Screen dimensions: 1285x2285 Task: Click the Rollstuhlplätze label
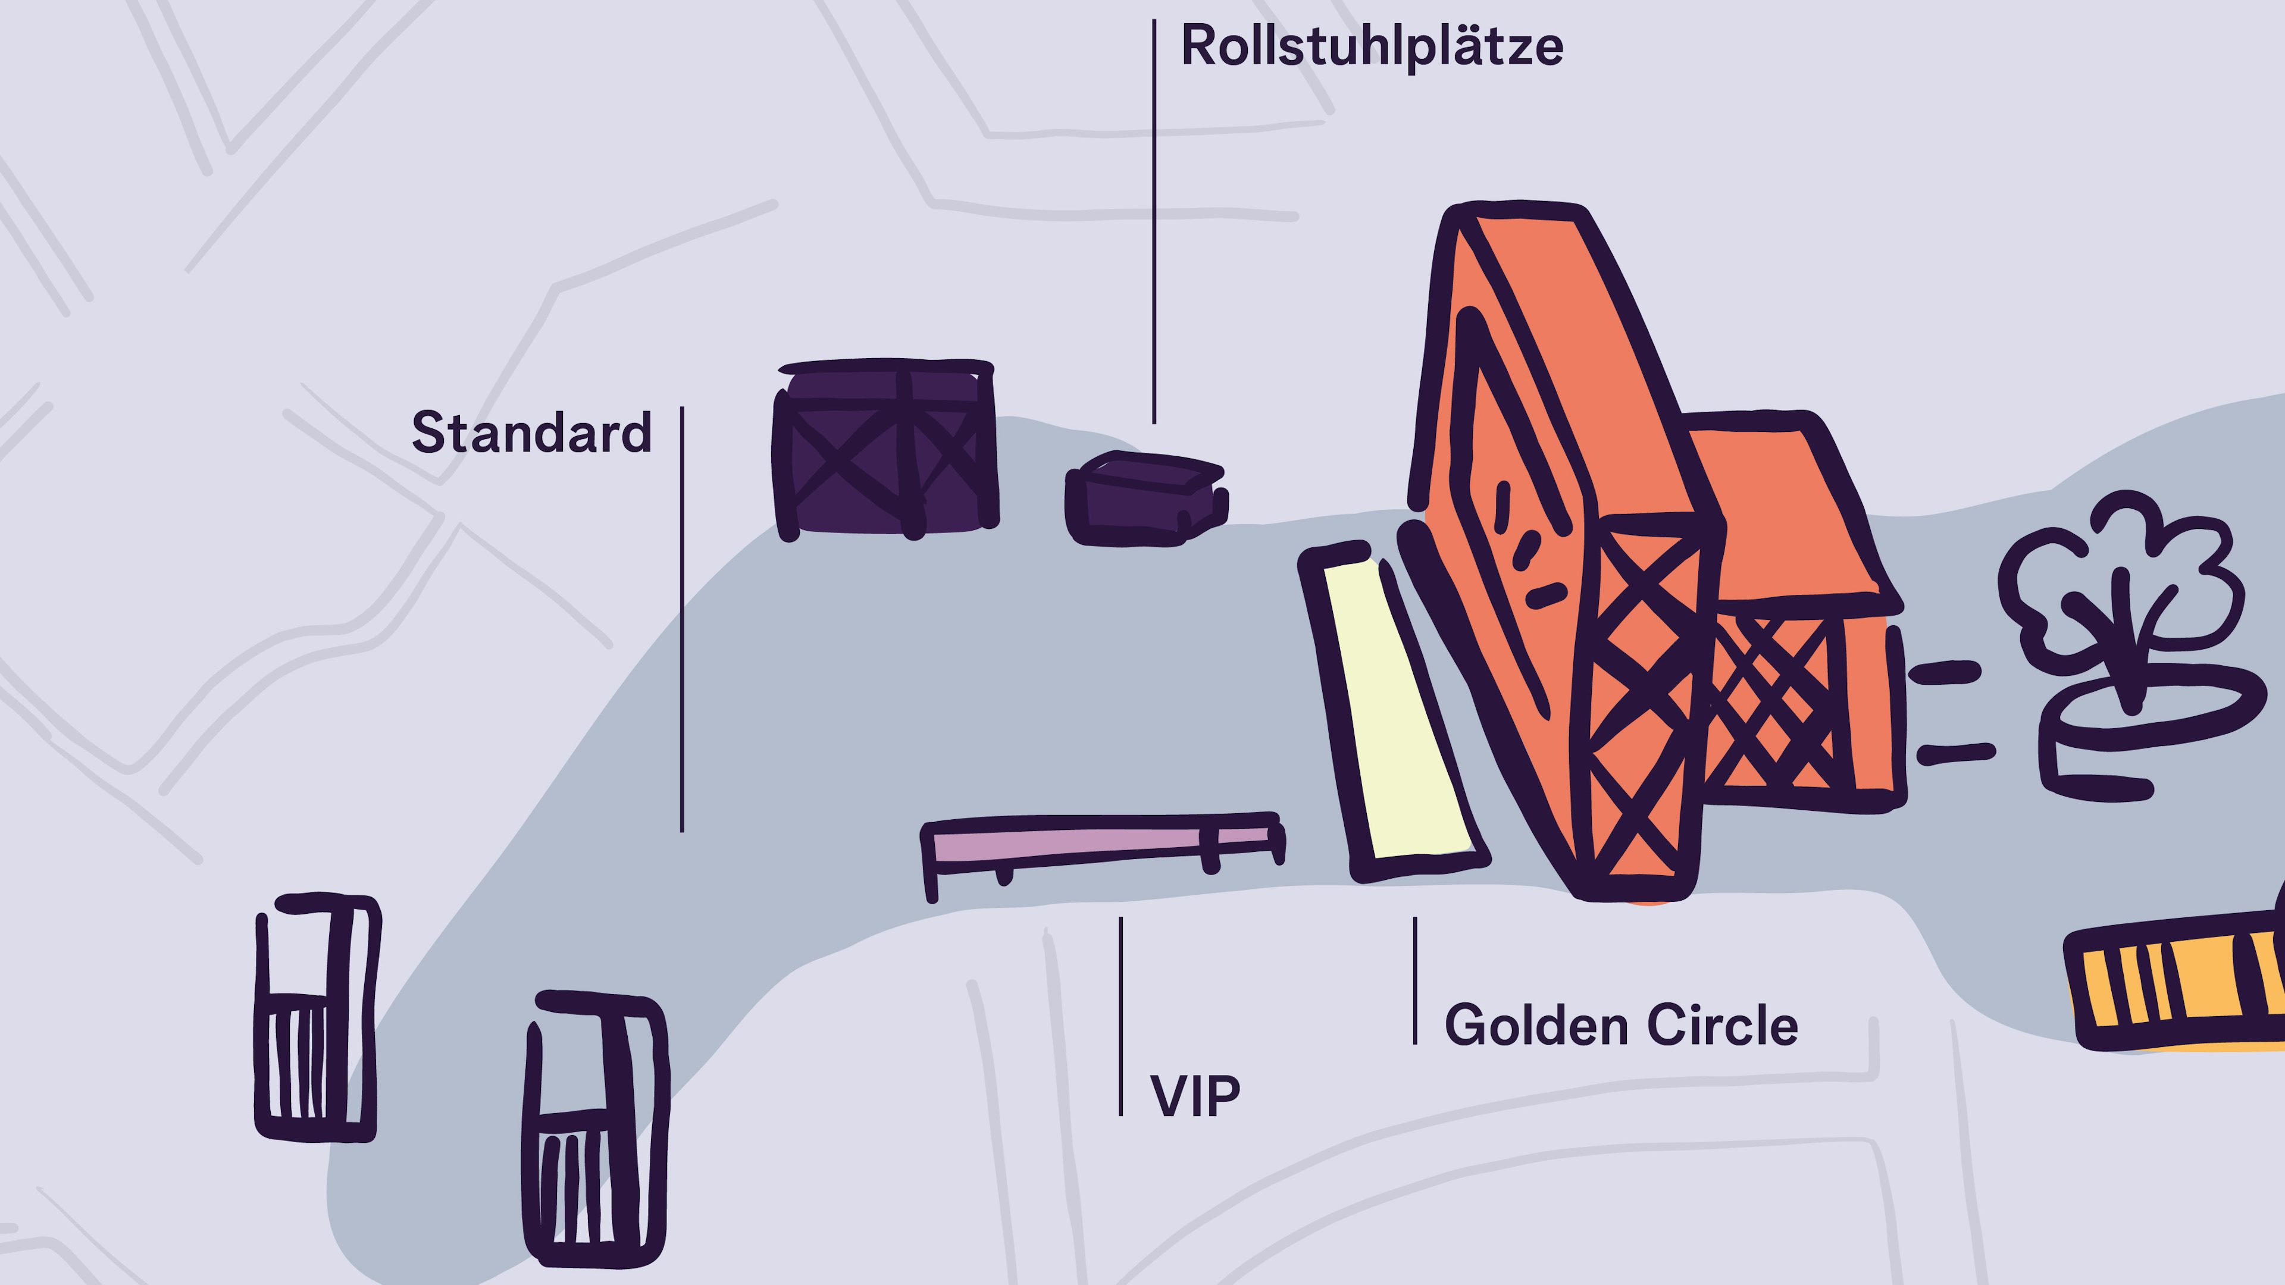(1372, 46)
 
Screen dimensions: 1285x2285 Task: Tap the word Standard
(531, 432)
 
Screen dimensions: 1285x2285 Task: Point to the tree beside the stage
(2120, 585)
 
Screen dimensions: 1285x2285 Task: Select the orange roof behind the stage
(1783, 515)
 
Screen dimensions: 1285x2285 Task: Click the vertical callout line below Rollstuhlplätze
(1154, 222)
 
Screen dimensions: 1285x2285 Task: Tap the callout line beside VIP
(1121, 1016)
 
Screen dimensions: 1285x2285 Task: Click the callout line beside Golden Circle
(1415, 980)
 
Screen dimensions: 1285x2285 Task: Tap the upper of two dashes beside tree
(1945, 672)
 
